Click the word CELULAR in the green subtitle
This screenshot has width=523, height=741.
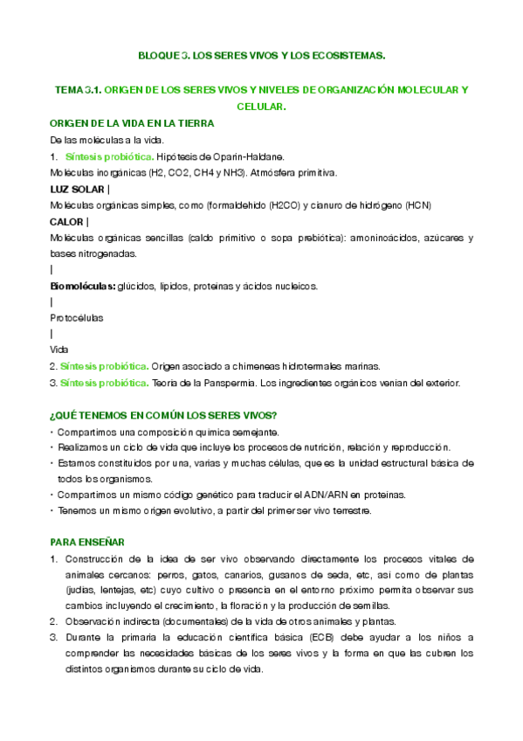pos(262,106)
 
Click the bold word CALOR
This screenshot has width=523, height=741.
pos(67,222)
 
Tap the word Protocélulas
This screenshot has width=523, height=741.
pos(76,318)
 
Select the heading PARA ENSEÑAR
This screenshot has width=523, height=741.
pos(87,543)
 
